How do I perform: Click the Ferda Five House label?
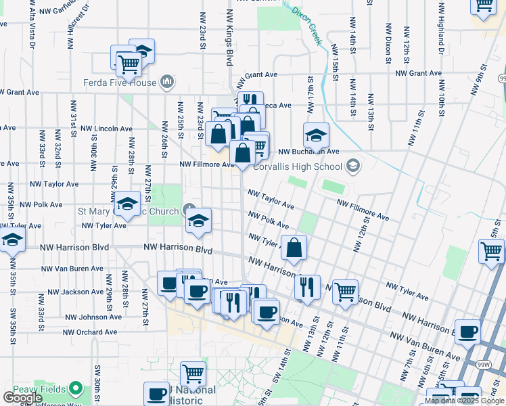(120, 84)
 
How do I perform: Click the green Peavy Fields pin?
(76, 390)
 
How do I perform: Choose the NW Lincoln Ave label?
(106, 128)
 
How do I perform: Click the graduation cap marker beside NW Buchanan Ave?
(316, 136)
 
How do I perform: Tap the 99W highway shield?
(484, 365)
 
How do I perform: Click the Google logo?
(22, 398)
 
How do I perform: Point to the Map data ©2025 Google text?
(464, 401)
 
